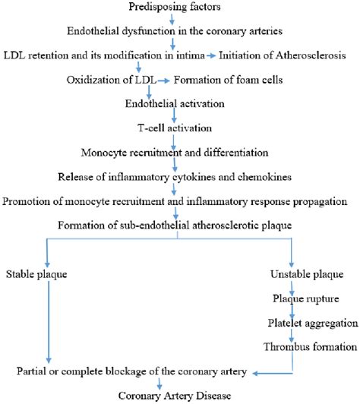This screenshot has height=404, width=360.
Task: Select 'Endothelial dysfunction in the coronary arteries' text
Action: click(x=175, y=33)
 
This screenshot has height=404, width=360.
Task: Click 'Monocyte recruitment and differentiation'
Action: click(x=175, y=152)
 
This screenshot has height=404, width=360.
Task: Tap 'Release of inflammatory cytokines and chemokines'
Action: click(x=175, y=176)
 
